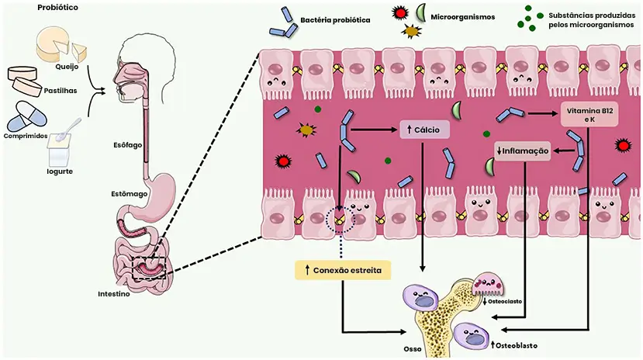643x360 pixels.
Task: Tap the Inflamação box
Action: point(524,150)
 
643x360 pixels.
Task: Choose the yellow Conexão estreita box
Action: point(342,270)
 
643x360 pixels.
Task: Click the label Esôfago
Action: point(125,145)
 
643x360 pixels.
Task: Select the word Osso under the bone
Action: point(413,349)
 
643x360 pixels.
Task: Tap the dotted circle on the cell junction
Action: point(341,220)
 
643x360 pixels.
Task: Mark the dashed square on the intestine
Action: point(150,265)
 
